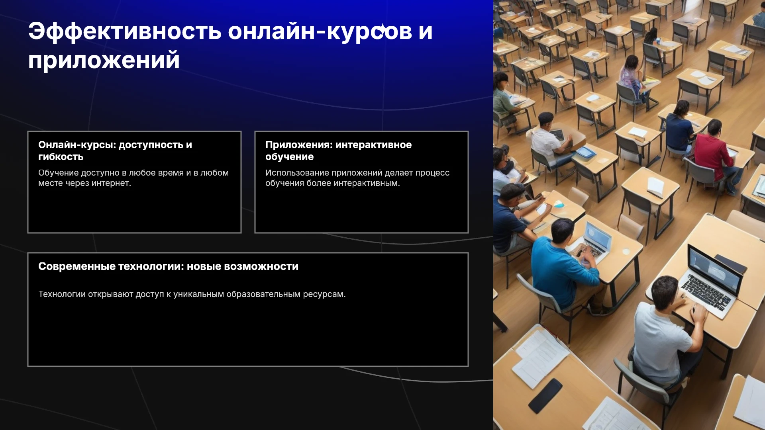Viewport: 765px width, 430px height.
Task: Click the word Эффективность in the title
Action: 125,31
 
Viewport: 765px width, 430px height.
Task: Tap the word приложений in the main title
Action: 104,61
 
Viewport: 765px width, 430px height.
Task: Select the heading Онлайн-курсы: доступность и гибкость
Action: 115,150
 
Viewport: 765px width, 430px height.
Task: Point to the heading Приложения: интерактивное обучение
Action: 339,150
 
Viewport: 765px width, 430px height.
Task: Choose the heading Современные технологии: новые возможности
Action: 168,266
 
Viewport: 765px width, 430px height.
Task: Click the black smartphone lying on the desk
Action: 545,395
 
